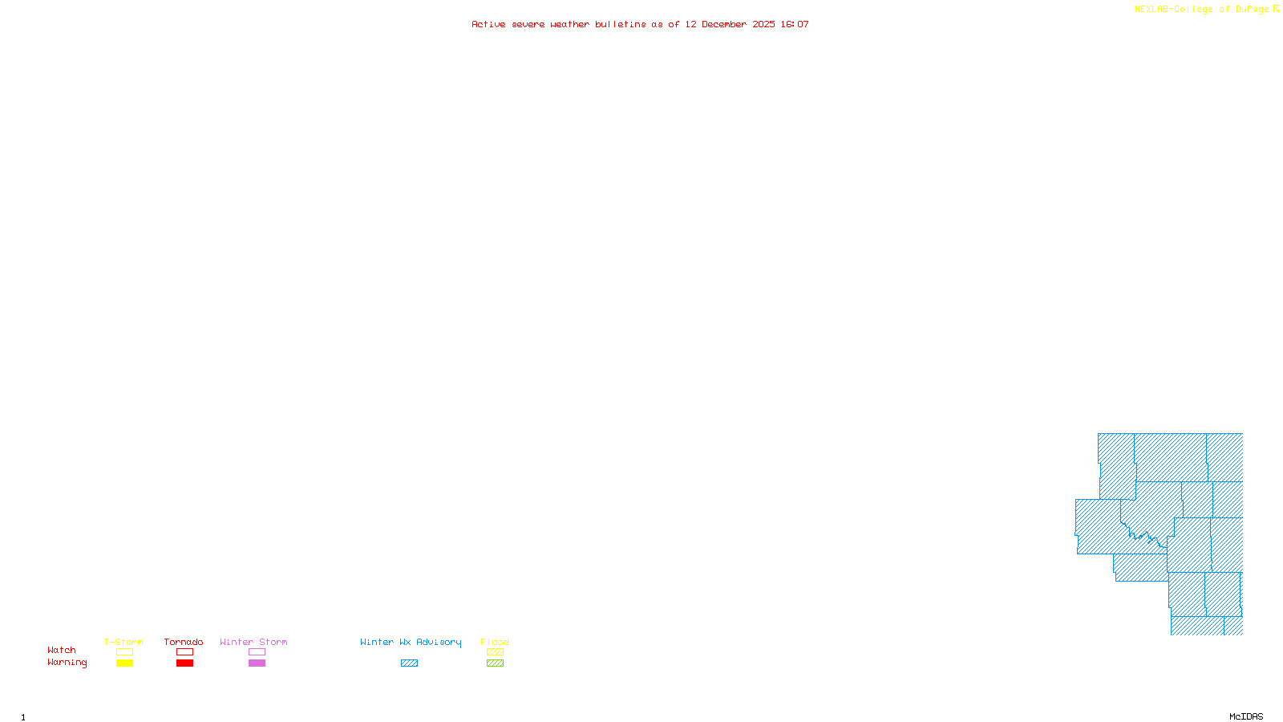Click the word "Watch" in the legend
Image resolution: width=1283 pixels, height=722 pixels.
point(62,651)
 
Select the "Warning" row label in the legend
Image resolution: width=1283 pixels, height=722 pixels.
point(67,663)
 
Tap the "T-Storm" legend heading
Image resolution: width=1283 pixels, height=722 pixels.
point(123,642)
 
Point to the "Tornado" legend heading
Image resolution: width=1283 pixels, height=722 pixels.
point(184,642)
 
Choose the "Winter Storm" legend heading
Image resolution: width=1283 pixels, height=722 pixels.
point(253,642)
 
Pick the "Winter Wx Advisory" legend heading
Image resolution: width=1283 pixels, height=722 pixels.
point(411,642)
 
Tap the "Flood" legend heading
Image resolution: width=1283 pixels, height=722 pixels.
point(495,642)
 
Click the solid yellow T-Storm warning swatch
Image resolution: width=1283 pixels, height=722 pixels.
point(124,663)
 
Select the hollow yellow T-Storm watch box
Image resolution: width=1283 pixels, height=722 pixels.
point(124,652)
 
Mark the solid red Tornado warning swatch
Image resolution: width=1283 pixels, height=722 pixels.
point(184,663)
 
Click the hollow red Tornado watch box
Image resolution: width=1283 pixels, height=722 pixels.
point(184,652)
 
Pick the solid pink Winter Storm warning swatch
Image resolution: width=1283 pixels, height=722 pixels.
point(257,663)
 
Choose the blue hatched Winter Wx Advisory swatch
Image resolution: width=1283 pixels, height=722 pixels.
point(409,663)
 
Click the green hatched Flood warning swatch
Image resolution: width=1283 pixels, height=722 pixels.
point(495,663)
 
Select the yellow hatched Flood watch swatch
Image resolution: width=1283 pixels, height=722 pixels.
point(495,652)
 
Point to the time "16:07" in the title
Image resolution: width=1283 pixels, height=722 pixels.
point(795,24)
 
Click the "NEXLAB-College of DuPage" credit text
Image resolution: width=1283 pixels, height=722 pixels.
point(1201,9)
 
